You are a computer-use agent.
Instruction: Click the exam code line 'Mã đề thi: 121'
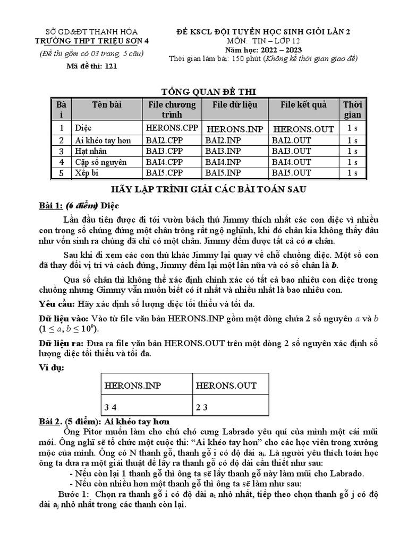pos(91,66)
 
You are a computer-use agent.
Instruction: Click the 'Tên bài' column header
pos(107,104)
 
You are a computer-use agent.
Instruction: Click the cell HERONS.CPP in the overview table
pos(171,128)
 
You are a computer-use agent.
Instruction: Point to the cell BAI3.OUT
pos(292,151)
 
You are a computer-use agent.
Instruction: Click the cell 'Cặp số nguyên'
pos(101,162)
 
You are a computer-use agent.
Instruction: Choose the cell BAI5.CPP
pos(164,173)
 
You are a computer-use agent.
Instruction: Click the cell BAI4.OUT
pos(292,162)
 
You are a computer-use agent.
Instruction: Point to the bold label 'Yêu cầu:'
pos(57,304)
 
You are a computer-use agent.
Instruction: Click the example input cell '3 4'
pos(110,407)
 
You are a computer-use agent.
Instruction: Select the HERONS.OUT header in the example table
pos(226,386)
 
